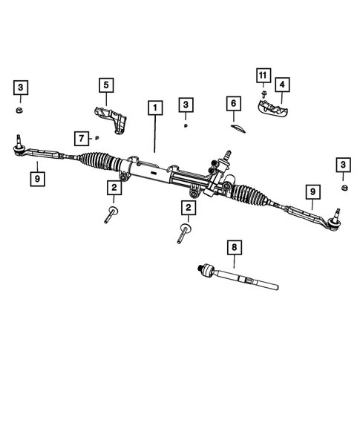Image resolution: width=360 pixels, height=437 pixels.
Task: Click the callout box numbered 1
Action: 154,108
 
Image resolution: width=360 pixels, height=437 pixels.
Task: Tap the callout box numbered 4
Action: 283,85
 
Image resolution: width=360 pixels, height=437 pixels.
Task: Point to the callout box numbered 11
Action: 263,76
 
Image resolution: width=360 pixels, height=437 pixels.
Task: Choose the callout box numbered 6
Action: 232,102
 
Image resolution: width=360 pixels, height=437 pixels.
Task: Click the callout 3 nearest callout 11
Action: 186,105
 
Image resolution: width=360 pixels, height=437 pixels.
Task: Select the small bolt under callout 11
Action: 264,94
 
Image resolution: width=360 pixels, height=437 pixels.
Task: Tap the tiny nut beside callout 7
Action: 96,137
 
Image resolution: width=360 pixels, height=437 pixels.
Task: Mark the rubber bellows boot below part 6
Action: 244,194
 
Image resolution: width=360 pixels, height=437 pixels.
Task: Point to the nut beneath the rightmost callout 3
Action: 344,188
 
